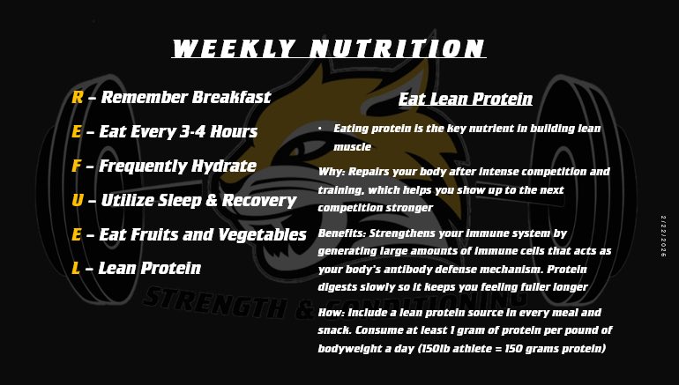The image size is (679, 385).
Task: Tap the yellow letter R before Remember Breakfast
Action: (77, 98)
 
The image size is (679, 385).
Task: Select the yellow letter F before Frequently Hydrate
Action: (77, 166)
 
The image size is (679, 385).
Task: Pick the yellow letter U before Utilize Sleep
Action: (78, 200)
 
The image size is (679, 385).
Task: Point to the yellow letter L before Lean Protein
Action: (76, 268)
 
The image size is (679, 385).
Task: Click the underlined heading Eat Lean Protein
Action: (465, 99)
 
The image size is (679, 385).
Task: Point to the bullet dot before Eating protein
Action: (319, 129)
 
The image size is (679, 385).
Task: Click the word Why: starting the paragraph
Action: (332, 171)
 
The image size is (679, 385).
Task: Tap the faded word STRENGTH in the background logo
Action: (207, 300)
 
